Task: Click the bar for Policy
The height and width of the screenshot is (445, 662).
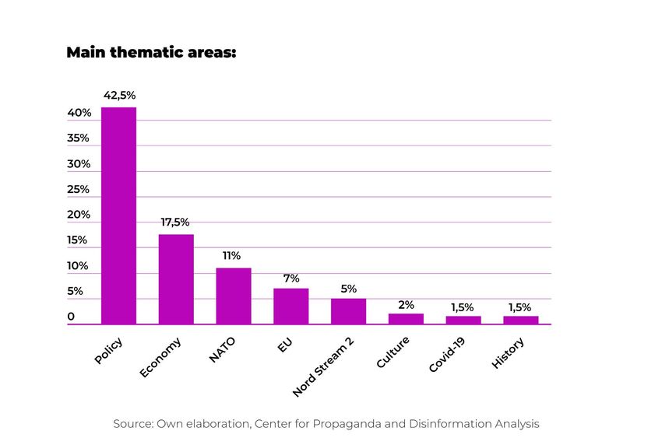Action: coord(118,215)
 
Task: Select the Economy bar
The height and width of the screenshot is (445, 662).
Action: coord(176,279)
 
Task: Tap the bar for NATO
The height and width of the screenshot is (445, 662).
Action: coord(234,296)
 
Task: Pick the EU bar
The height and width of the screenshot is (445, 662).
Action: coord(291,306)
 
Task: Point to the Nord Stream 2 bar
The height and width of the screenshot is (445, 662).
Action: coord(348,311)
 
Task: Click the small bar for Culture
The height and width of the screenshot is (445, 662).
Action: coord(406,319)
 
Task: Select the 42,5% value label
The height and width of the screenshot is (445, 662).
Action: coord(119,96)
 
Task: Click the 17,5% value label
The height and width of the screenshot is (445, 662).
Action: coord(175,223)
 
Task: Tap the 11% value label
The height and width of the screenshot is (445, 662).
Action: coord(232,256)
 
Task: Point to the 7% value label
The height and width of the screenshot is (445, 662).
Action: coord(291,278)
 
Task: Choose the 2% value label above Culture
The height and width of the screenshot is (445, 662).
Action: coord(406,305)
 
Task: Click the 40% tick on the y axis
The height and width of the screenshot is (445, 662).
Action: coord(79,114)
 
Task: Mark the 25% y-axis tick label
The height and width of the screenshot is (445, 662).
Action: coord(79,190)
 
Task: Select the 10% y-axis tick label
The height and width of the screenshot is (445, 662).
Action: coord(78,266)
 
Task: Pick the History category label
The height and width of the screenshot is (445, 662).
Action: coord(508,352)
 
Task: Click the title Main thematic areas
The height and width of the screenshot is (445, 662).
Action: coord(151,53)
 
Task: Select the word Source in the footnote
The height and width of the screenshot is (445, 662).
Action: coord(133,424)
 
